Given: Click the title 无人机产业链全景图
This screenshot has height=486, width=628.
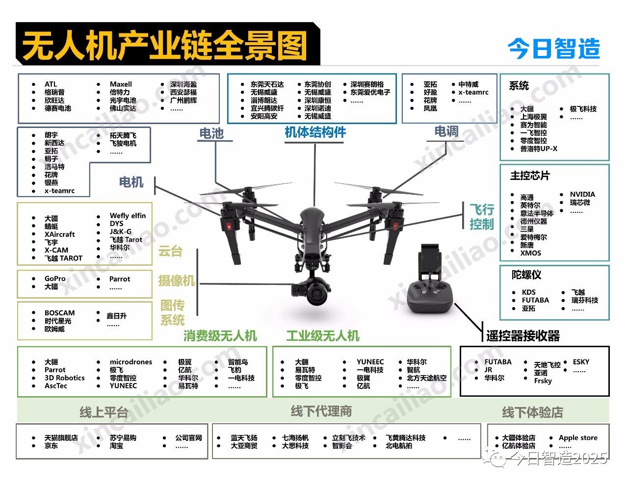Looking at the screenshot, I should (x=164, y=45).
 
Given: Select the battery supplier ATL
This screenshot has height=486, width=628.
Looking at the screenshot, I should (x=51, y=84).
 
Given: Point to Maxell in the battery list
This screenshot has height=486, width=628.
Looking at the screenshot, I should (x=121, y=84).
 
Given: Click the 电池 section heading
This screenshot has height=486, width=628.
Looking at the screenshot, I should (x=211, y=133).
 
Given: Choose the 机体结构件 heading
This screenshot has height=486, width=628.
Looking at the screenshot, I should (x=315, y=132).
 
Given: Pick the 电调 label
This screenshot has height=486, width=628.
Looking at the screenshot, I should (x=446, y=131).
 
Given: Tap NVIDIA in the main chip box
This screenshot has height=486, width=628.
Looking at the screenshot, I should (x=582, y=194).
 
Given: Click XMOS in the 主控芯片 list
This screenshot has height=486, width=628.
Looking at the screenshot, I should (x=531, y=253).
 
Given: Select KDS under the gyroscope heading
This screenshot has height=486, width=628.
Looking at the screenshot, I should (x=529, y=292).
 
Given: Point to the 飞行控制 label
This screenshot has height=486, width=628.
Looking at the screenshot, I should (x=481, y=217).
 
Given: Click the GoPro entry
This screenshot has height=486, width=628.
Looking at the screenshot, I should (x=55, y=279).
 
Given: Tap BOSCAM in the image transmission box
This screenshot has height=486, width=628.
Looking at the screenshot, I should (x=60, y=313).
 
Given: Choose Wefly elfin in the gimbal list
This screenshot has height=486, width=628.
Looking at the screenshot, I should (x=128, y=215).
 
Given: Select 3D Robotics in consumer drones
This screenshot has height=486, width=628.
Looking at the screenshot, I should (x=65, y=378).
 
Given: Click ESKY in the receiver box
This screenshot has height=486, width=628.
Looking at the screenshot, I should (x=581, y=362).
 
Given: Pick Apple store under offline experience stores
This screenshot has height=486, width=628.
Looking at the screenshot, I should (x=578, y=437).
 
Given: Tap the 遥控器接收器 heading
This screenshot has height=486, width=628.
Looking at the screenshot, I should (x=523, y=336).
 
